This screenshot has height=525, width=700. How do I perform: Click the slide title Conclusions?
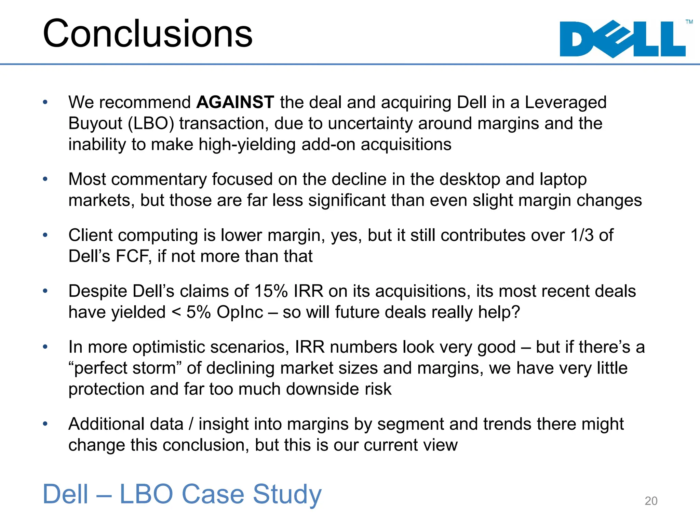147,34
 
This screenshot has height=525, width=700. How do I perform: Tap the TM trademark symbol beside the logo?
689,22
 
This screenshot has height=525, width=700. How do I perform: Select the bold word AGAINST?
235,102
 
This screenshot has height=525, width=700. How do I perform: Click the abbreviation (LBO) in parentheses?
151,123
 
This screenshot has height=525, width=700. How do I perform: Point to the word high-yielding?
247,144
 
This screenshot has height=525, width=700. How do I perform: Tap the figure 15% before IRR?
271,291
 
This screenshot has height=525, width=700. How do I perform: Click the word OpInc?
240,312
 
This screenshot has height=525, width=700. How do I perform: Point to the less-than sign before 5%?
176,312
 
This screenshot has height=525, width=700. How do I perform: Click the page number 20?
651,501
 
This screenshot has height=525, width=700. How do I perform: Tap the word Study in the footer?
287,494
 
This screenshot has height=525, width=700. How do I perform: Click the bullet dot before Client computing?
45,235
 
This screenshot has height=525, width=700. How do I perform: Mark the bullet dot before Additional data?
45,424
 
